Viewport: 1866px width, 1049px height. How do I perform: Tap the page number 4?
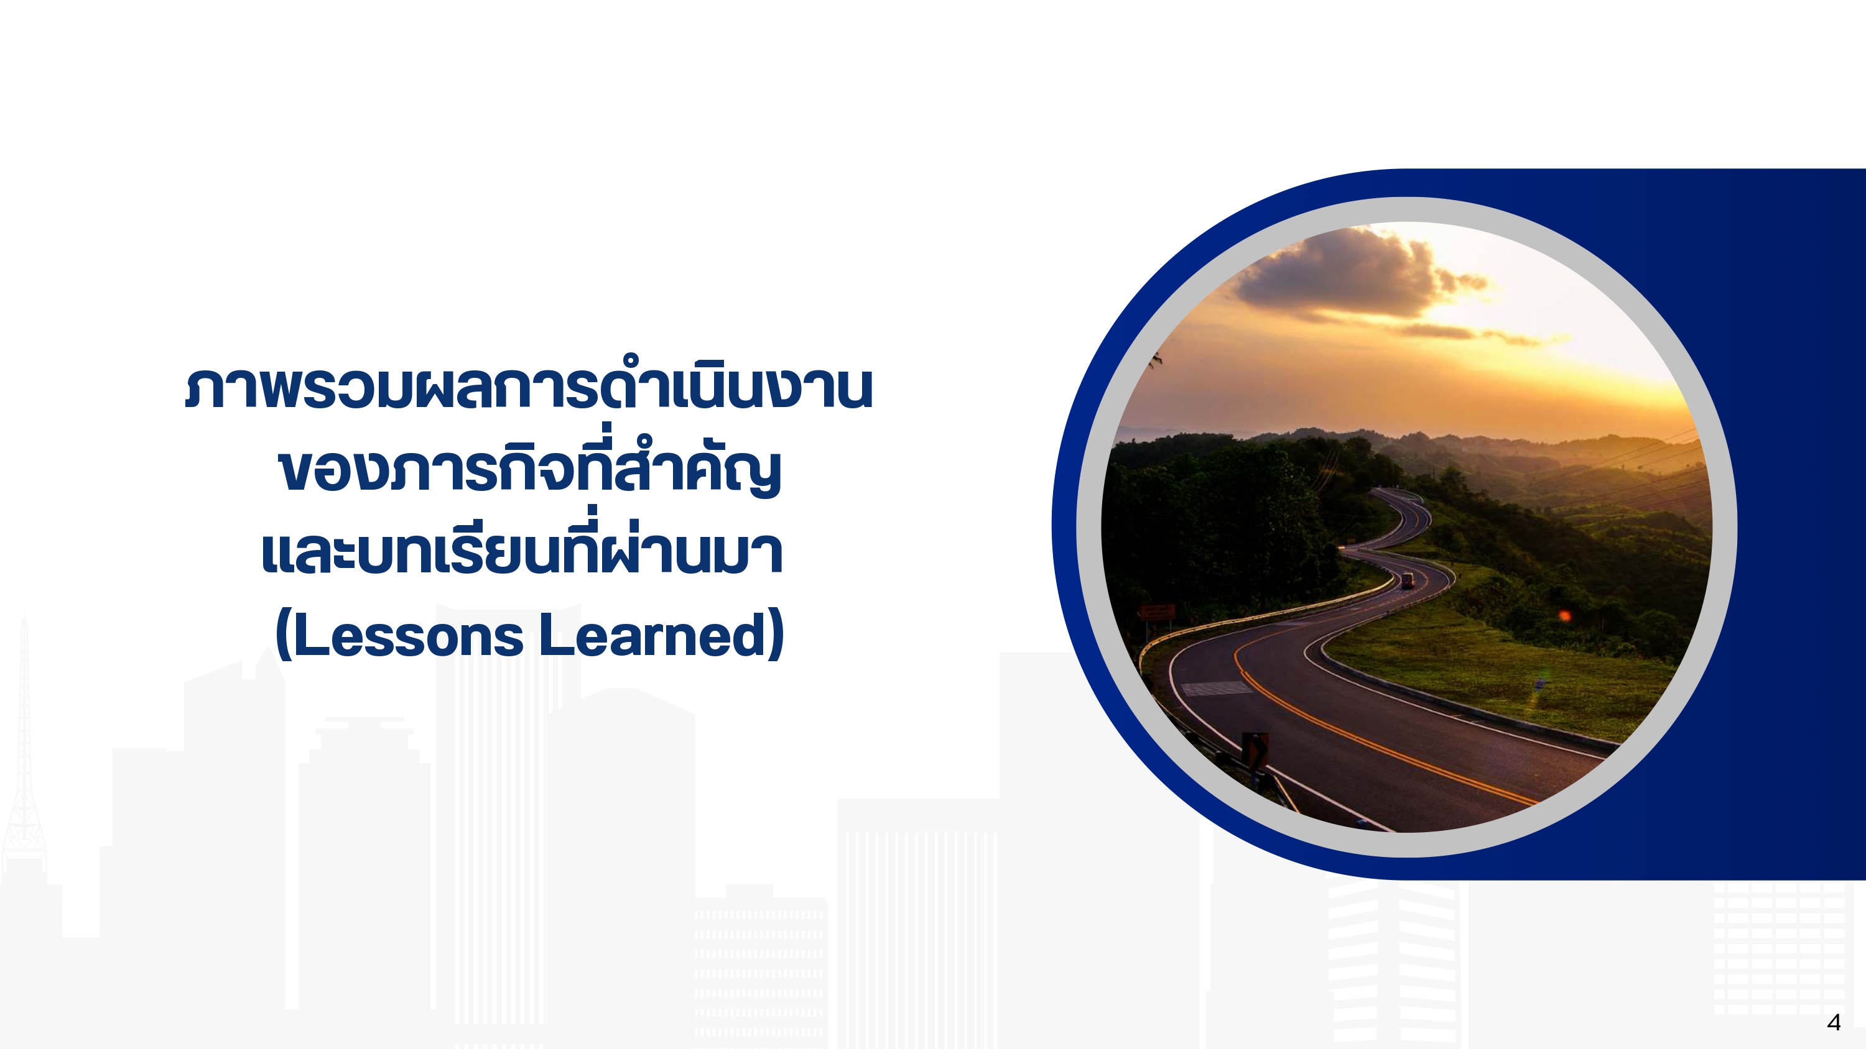(1834, 1022)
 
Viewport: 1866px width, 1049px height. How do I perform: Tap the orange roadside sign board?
(1158, 612)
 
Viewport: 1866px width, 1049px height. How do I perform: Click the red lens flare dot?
(1565, 616)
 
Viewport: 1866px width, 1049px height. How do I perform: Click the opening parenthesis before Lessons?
(284, 634)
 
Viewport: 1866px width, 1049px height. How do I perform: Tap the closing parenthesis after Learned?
(776, 634)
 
